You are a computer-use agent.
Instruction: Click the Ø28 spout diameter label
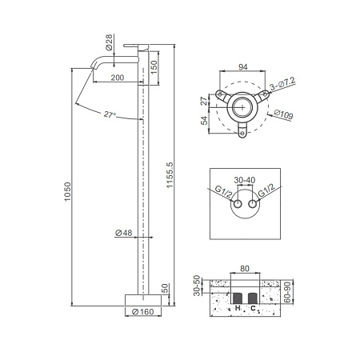(x=109, y=42)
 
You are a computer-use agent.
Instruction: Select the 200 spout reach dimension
(x=118, y=78)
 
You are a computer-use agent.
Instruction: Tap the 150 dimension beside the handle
(x=154, y=68)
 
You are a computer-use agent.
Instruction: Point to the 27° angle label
(x=110, y=115)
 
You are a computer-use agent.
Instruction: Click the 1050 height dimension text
(x=68, y=191)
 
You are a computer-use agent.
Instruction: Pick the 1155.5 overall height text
(x=170, y=175)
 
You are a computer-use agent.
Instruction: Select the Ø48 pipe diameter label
(x=124, y=233)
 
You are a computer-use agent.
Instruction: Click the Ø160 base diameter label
(x=143, y=312)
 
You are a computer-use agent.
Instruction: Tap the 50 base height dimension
(x=166, y=288)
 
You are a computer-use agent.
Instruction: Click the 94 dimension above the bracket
(x=243, y=66)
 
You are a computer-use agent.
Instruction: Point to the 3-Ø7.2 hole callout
(x=282, y=84)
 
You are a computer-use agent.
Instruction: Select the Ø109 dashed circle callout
(x=283, y=114)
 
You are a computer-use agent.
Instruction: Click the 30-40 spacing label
(x=245, y=180)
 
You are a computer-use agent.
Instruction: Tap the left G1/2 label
(x=223, y=192)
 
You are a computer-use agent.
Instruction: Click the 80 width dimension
(x=245, y=269)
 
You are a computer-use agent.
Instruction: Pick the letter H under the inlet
(x=238, y=308)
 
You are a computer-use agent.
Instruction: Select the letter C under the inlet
(x=253, y=309)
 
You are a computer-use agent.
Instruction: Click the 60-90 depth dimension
(x=287, y=293)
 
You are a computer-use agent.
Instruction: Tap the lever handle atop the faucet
(x=136, y=46)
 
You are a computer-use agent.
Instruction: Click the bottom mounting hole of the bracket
(x=242, y=133)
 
